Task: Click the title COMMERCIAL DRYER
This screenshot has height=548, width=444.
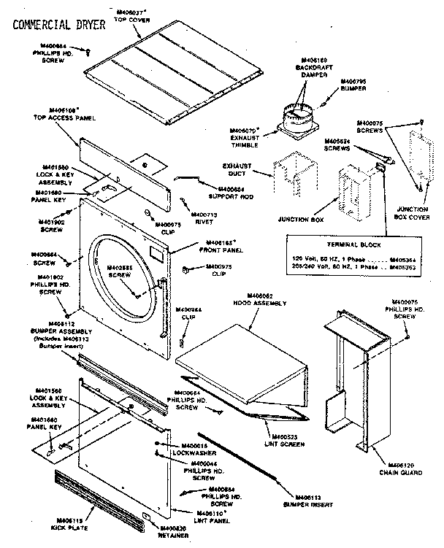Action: (x=58, y=25)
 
